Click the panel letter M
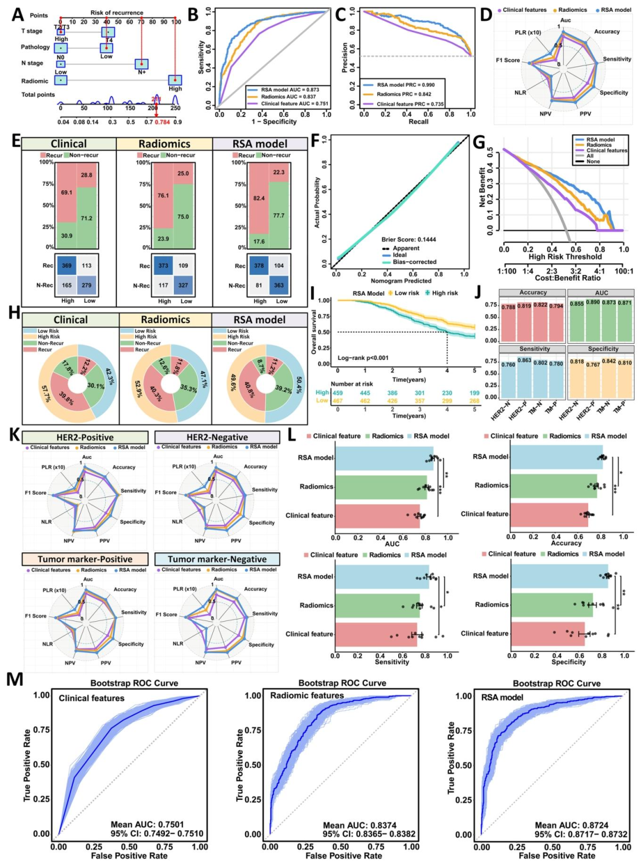(x=14, y=679)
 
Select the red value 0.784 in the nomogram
(x=162, y=122)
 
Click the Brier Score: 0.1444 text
(x=408, y=239)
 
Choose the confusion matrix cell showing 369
(x=66, y=265)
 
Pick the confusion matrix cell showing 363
(x=278, y=285)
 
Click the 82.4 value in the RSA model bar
(x=259, y=198)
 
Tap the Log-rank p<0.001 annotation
(x=363, y=357)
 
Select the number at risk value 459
(x=338, y=393)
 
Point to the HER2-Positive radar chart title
(x=85, y=437)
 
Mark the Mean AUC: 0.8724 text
(x=563, y=825)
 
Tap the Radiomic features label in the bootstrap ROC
(x=307, y=695)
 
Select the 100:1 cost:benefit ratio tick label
(x=624, y=271)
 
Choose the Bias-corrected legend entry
(x=414, y=262)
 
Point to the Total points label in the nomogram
(x=38, y=94)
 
